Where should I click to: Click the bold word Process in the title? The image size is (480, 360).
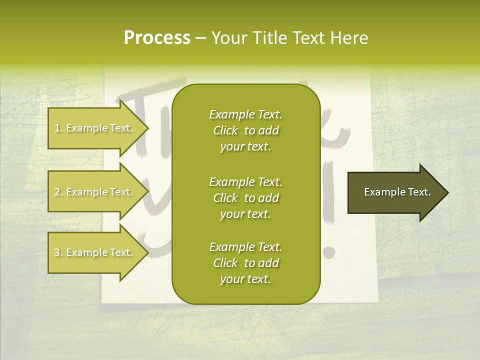tap(157, 38)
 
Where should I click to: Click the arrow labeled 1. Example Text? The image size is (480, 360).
tap(95, 128)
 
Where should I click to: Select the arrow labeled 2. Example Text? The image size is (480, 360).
tap(95, 192)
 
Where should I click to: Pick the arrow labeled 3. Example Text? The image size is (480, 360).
tap(95, 252)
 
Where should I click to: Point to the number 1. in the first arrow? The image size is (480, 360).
tap(58, 128)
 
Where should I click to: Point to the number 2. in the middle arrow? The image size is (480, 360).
tap(58, 192)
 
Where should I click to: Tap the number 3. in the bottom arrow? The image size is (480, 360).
tap(58, 252)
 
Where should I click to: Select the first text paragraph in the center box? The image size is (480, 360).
tap(245, 130)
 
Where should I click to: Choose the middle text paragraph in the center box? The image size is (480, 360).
tap(245, 198)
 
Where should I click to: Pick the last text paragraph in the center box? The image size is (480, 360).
tap(245, 263)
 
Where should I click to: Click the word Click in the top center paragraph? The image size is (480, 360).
tap(225, 130)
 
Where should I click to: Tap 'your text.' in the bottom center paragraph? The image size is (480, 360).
tap(245, 279)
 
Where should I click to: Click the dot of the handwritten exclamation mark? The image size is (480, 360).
tap(327, 252)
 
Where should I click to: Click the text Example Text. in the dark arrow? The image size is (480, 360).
tap(397, 192)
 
